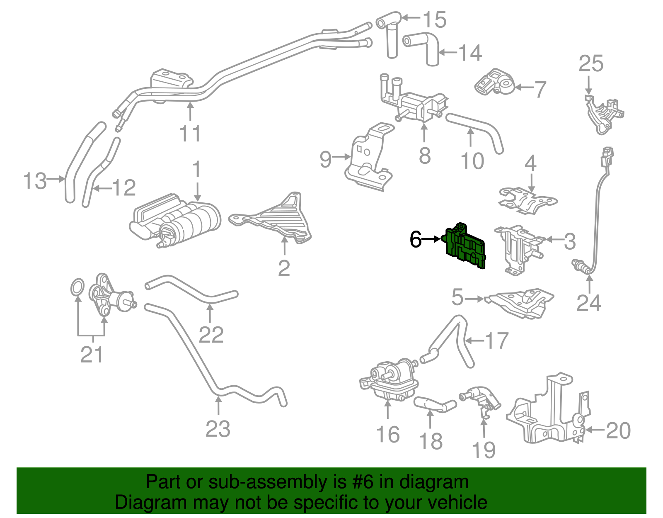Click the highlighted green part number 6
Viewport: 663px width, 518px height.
tap(465, 247)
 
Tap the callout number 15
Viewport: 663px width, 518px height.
tap(434, 19)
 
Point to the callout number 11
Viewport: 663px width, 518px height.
tap(190, 134)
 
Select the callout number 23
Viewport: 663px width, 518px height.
tap(218, 429)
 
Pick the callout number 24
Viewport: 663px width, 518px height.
tap(588, 303)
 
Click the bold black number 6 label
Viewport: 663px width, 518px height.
tap(416, 239)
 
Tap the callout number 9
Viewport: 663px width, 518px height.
tap(326, 159)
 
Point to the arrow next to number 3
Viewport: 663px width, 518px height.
tap(552, 239)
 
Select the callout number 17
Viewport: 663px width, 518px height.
tap(496, 341)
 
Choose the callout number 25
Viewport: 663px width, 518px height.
tap(591, 64)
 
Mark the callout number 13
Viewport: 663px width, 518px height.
tap(35, 181)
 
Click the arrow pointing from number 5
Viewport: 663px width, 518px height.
tap(474, 299)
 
